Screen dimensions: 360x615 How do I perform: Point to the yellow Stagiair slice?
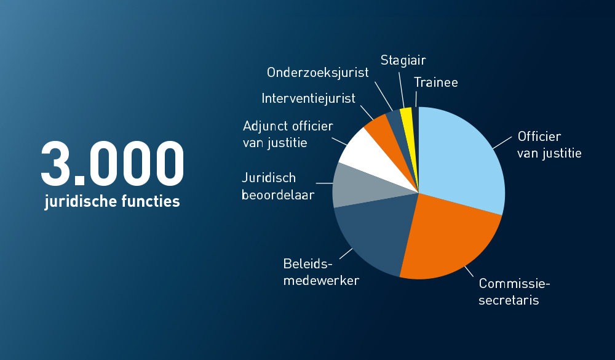(x=406, y=114)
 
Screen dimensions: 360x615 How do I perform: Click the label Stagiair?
(x=403, y=60)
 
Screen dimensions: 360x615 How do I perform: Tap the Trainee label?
(x=436, y=82)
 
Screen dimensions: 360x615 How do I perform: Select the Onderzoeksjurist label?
(x=317, y=73)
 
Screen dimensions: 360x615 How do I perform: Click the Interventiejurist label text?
(x=308, y=98)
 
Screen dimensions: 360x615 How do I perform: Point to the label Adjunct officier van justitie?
(x=288, y=134)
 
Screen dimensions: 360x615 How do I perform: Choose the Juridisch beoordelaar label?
(x=278, y=186)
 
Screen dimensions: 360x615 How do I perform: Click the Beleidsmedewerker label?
(x=321, y=272)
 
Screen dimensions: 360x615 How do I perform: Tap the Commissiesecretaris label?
(x=514, y=292)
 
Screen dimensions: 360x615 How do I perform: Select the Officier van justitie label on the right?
(x=549, y=145)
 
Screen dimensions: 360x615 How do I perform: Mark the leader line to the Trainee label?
(x=416, y=99)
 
